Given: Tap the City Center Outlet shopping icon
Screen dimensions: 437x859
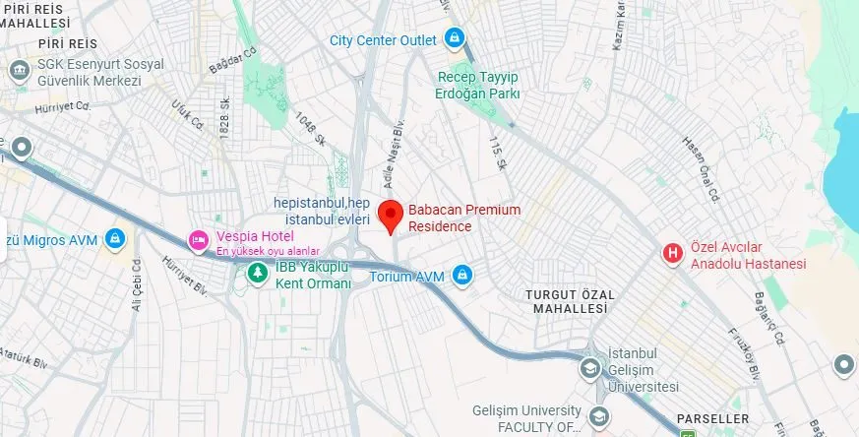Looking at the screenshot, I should pos(453,39).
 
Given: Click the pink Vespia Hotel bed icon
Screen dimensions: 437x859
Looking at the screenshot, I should pos(198,239).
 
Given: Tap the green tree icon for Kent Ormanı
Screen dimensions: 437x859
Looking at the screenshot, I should pos(257,271).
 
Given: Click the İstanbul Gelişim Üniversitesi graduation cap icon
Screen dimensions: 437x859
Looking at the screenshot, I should pos(589,369).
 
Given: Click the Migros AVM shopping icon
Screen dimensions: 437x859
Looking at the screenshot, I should pos(116,237).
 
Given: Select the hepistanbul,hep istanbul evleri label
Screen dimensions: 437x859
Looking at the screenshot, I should pos(322,211).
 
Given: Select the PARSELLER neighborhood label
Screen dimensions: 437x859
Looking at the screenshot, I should pos(716,419).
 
